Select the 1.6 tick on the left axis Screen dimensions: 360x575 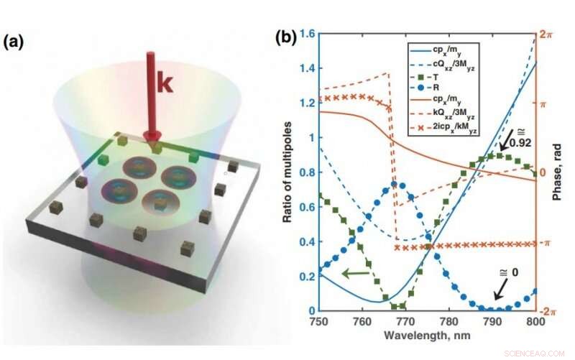click(308, 33)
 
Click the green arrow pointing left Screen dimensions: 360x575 click(355, 273)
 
